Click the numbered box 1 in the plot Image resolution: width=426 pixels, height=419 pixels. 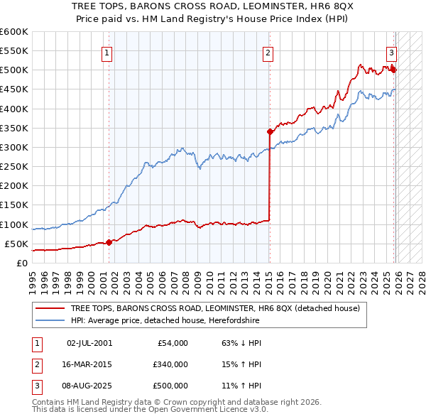pyautogui.click(x=106, y=52)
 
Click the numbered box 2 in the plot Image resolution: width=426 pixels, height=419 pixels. pyautogui.click(x=268, y=52)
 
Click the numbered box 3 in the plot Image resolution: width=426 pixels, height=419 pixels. pyautogui.click(x=390, y=52)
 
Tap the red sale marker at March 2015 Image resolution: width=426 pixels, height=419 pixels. pyautogui.click(x=270, y=131)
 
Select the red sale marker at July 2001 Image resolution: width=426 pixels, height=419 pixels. pyautogui.click(x=109, y=242)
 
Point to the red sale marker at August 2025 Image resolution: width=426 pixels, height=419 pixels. pyautogui.click(x=393, y=70)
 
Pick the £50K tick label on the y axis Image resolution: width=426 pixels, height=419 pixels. pyautogui.click(x=16, y=244)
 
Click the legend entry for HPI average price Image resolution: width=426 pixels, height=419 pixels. pyautogui.click(x=165, y=320)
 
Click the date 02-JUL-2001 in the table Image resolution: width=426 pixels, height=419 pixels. pyautogui.click(x=89, y=342)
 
